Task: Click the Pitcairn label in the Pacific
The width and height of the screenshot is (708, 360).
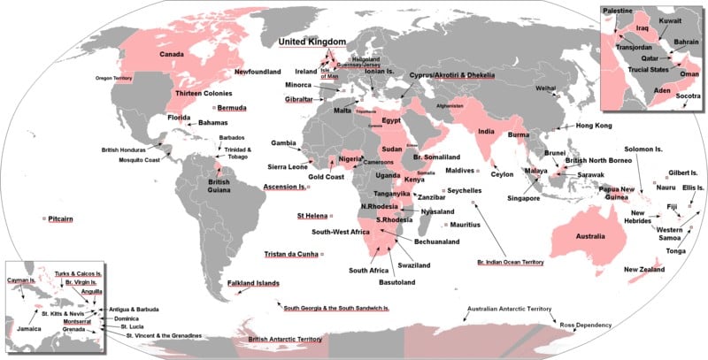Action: (65, 218)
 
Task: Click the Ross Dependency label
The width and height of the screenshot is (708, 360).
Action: (586, 326)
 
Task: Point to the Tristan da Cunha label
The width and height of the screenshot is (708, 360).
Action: (291, 255)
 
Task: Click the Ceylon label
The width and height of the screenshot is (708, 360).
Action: (503, 174)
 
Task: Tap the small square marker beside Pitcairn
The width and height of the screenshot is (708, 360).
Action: (44, 218)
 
